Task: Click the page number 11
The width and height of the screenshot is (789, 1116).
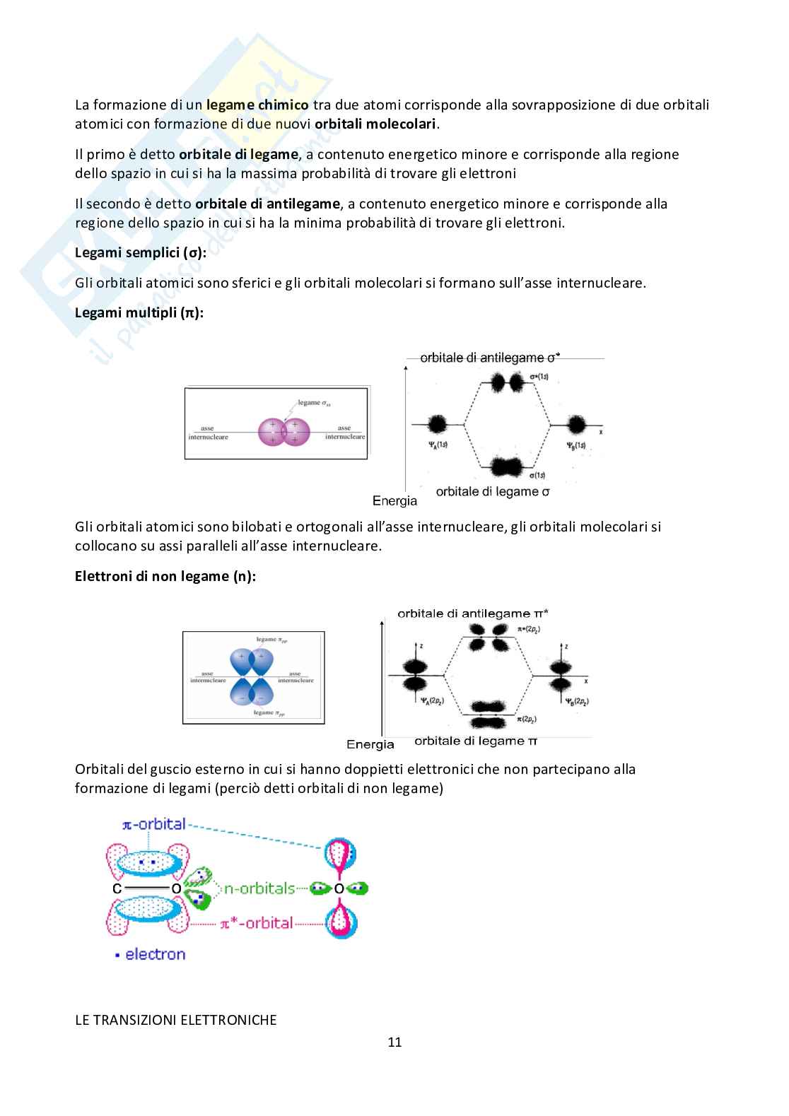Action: [x=394, y=1042]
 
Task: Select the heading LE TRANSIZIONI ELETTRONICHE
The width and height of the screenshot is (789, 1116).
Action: [x=175, y=1020]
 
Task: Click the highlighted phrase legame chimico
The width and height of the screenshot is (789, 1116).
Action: [x=257, y=105]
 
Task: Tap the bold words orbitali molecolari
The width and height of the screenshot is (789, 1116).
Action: [x=375, y=124]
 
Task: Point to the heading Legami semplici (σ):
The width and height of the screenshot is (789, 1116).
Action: [x=141, y=252]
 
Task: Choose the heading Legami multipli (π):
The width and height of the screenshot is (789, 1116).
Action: [x=139, y=312]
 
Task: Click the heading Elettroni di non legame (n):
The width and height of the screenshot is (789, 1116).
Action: [x=165, y=576]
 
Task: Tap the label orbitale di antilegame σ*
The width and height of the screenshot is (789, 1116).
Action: [x=489, y=358]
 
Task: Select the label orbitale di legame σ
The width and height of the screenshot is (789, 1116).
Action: [x=492, y=492]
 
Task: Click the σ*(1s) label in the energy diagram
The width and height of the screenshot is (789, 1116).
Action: [x=539, y=377]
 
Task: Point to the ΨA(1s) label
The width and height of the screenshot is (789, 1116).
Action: [x=438, y=445]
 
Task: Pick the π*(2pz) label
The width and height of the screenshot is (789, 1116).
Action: [x=529, y=628]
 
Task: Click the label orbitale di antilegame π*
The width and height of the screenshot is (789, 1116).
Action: [x=472, y=613]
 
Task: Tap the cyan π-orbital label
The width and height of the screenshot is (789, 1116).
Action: [x=154, y=824]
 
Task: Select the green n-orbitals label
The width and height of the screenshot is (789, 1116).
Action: [x=259, y=888]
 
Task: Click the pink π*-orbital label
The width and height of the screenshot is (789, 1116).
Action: [x=256, y=923]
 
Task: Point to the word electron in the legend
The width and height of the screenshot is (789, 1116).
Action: [x=155, y=954]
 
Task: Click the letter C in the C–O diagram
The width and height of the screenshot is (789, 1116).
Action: [x=117, y=888]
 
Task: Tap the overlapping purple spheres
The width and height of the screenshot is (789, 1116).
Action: [x=284, y=432]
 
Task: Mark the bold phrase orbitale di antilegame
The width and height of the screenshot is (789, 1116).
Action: [x=267, y=204]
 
